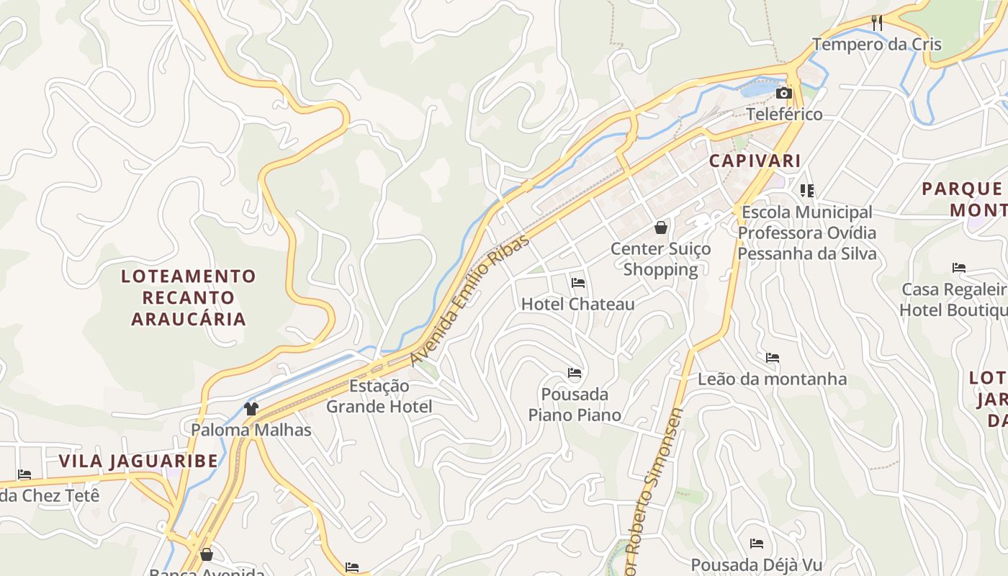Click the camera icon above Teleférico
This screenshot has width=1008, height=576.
[x=784, y=94]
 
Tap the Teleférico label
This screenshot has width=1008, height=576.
[x=784, y=114]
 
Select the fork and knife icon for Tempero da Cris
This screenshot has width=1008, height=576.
[x=876, y=23]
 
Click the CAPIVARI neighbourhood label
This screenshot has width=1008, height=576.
[x=755, y=161]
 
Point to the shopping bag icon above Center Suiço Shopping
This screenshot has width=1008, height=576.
[x=660, y=228]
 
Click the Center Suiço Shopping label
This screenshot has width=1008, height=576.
[x=660, y=259]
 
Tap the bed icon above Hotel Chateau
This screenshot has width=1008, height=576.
[x=577, y=283]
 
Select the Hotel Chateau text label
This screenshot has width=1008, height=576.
[x=577, y=304]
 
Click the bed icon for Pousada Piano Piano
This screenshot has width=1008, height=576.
[x=575, y=373]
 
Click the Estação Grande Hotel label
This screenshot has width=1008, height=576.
[x=379, y=397]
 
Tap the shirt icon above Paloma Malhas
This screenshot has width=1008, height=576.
[x=251, y=409]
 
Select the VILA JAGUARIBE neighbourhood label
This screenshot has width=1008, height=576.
[x=138, y=462]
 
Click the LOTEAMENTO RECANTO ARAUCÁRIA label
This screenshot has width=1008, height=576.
[x=189, y=297]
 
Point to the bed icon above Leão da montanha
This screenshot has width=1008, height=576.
[x=773, y=358]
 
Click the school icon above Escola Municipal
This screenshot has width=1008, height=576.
[x=807, y=191]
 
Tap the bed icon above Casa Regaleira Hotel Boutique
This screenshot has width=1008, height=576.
[x=958, y=268]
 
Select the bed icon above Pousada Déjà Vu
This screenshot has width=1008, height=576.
[x=756, y=544]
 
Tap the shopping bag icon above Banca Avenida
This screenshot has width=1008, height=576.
[x=207, y=554]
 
